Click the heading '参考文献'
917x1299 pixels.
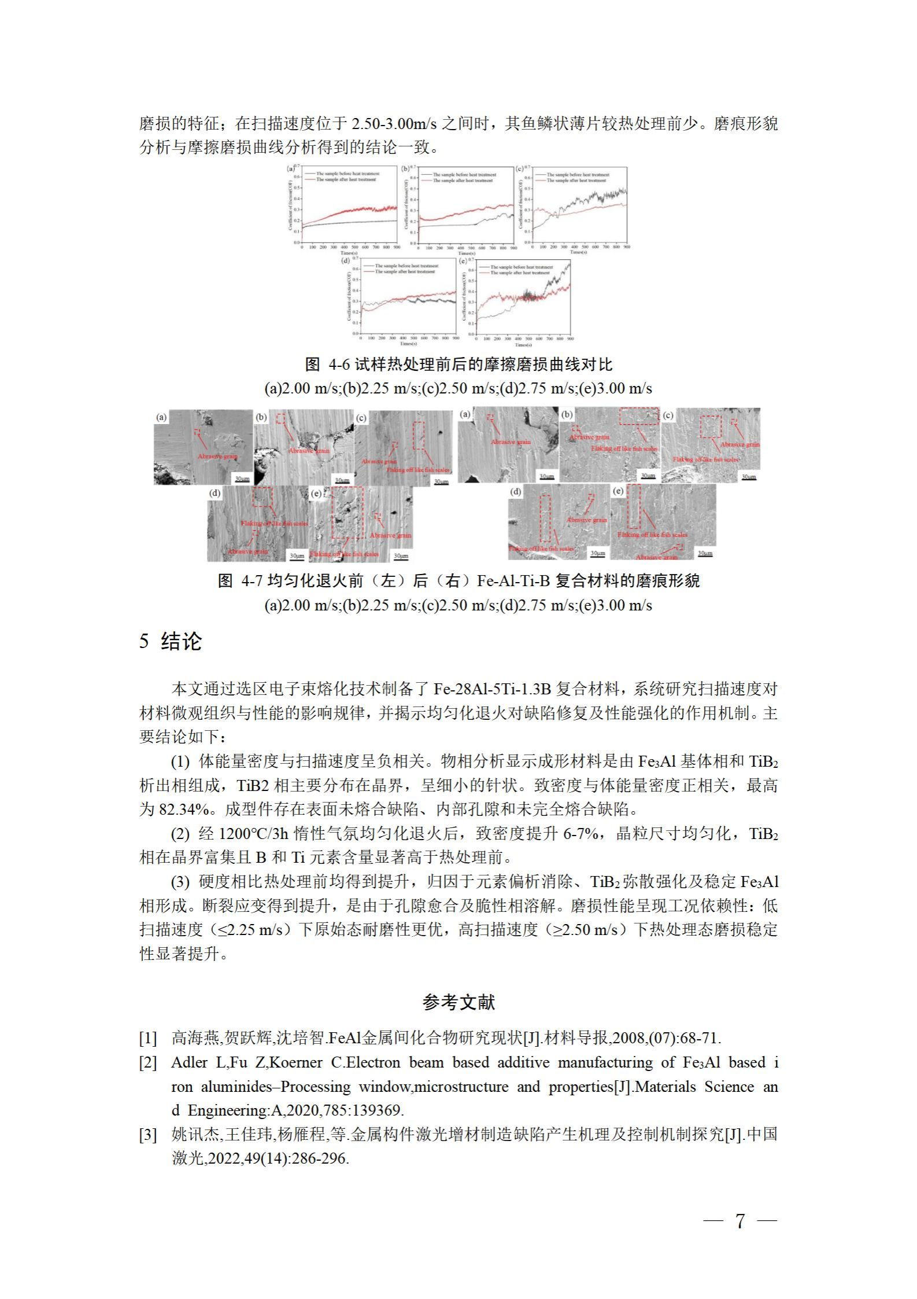click(458, 1002)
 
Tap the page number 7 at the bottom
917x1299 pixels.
click(740, 1221)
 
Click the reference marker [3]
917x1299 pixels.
click(148, 1135)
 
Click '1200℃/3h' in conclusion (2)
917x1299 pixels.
click(254, 834)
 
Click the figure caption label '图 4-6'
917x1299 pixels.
click(328, 365)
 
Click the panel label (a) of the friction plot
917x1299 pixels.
click(291, 169)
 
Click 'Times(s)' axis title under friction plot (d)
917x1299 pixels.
click(408, 344)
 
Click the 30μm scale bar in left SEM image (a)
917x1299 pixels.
click(242, 479)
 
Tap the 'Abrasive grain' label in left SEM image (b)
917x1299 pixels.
click(308, 450)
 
